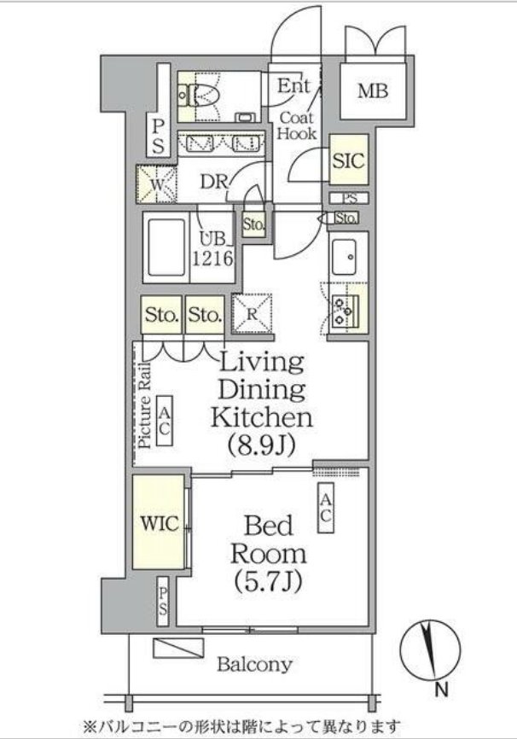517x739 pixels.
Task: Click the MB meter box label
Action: coord(373,90)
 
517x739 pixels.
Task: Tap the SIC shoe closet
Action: coord(349,160)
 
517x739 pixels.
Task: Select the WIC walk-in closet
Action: coord(159,521)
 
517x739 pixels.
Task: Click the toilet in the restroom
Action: coord(200,96)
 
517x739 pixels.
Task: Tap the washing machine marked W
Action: coord(156,184)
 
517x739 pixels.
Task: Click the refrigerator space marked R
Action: coord(253,314)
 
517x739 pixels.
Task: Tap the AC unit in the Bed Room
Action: coord(326,508)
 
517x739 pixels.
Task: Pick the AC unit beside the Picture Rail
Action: coord(164,421)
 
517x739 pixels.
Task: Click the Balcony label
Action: coord(254,665)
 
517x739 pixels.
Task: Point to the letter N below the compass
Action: coord(441,690)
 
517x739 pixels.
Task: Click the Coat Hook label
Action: coord(296,125)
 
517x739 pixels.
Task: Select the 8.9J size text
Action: coord(262,444)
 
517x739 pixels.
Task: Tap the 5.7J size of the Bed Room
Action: coord(268,581)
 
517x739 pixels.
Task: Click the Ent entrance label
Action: coord(293,86)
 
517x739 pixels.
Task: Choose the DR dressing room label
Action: coord(214,182)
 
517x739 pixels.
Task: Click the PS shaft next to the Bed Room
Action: coord(163,602)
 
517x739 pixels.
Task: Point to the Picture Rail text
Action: coord(146,405)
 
